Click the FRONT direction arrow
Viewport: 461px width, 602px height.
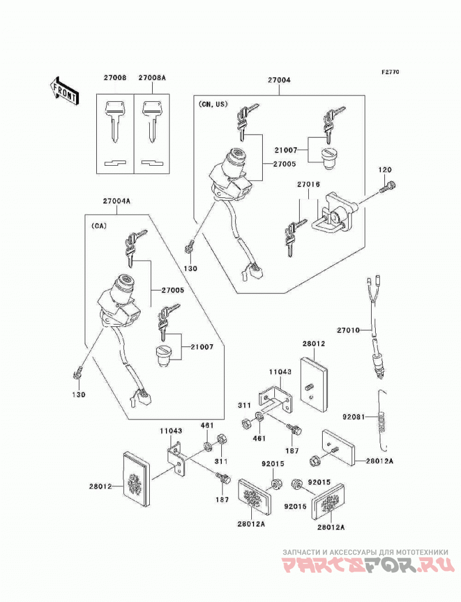pyautogui.click(x=64, y=90)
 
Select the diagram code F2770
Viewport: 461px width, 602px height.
pyautogui.click(x=390, y=72)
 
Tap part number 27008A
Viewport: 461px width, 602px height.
pyautogui.click(x=152, y=78)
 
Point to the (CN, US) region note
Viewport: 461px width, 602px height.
pyautogui.click(x=213, y=104)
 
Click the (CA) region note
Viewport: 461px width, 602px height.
pyautogui.click(x=99, y=226)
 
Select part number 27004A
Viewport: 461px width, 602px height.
pyautogui.click(x=116, y=200)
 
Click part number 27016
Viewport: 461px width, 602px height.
pyautogui.click(x=308, y=185)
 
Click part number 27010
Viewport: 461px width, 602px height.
pyautogui.click(x=349, y=330)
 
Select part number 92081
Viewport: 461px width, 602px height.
pyautogui.click(x=354, y=417)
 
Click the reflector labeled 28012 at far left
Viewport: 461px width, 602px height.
pyautogui.click(x=137, y=475)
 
